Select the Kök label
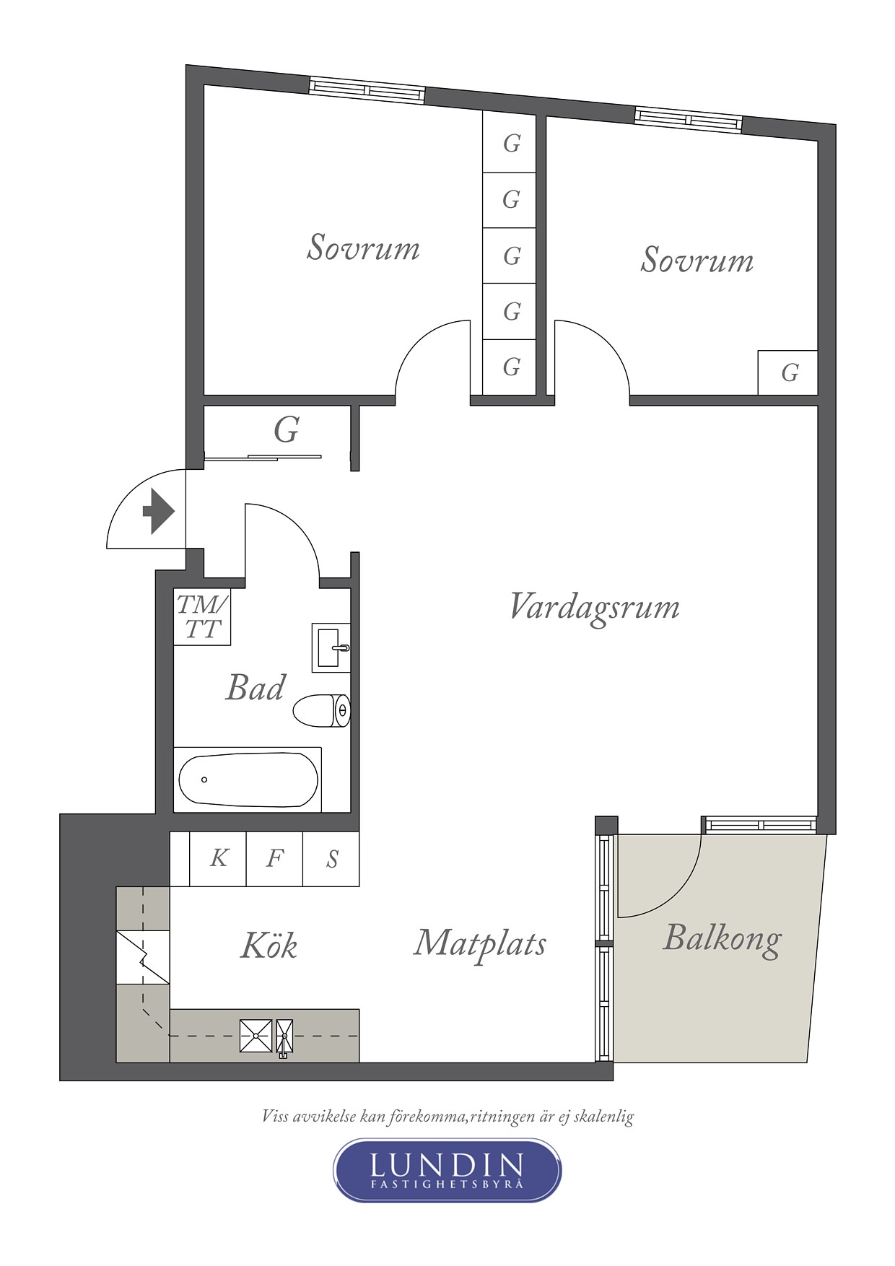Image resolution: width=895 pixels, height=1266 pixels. tap(268, 945)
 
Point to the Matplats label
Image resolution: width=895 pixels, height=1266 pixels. tap(480, 944)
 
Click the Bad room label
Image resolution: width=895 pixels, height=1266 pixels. tap(256, 687)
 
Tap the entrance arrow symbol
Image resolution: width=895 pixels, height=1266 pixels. tap(159, 511)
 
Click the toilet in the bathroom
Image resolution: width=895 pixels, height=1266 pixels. tap(322, 711)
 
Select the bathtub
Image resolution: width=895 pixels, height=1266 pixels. tap(248, 780)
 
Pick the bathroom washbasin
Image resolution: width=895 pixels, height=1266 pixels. tap(331, 647)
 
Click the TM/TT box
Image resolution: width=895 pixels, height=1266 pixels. tap(202, 616)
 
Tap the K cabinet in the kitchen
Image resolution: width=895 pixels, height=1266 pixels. tap(218, 858)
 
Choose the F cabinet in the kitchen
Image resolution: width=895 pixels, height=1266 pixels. tap(274, 858)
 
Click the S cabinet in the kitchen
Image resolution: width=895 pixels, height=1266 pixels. tap(331, 858)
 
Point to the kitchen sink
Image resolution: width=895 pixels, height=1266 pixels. tap(266, 1036)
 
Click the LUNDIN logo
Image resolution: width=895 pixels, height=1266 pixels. tap(447, 1170)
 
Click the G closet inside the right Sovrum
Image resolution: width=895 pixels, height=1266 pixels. tap(788, 372)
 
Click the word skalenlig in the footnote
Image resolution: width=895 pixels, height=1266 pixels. tap(603, 1117)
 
